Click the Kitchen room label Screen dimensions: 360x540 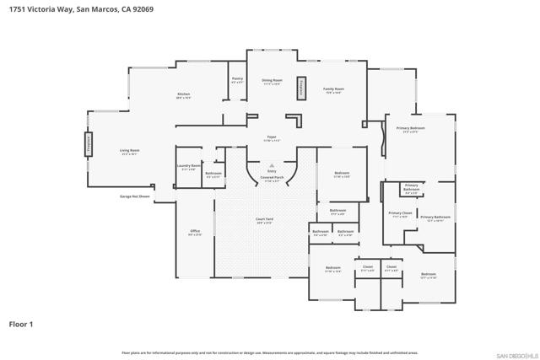[x=183, y=94]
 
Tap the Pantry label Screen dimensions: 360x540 [x=237, y=80]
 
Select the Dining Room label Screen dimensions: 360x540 [x=271, y=81]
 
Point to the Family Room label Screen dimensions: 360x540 [x=334, y=89]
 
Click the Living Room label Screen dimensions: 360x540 [x=130, y=152]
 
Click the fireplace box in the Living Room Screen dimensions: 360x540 [x=87, y=144]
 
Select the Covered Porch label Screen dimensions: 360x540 [x=272, y=179]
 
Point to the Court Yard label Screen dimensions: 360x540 [x=264, y=221]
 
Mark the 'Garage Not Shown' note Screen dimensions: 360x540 [x=133, y=196]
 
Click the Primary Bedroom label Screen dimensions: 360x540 [x=410, y=129]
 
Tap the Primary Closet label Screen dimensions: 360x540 [x=400, y=214]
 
